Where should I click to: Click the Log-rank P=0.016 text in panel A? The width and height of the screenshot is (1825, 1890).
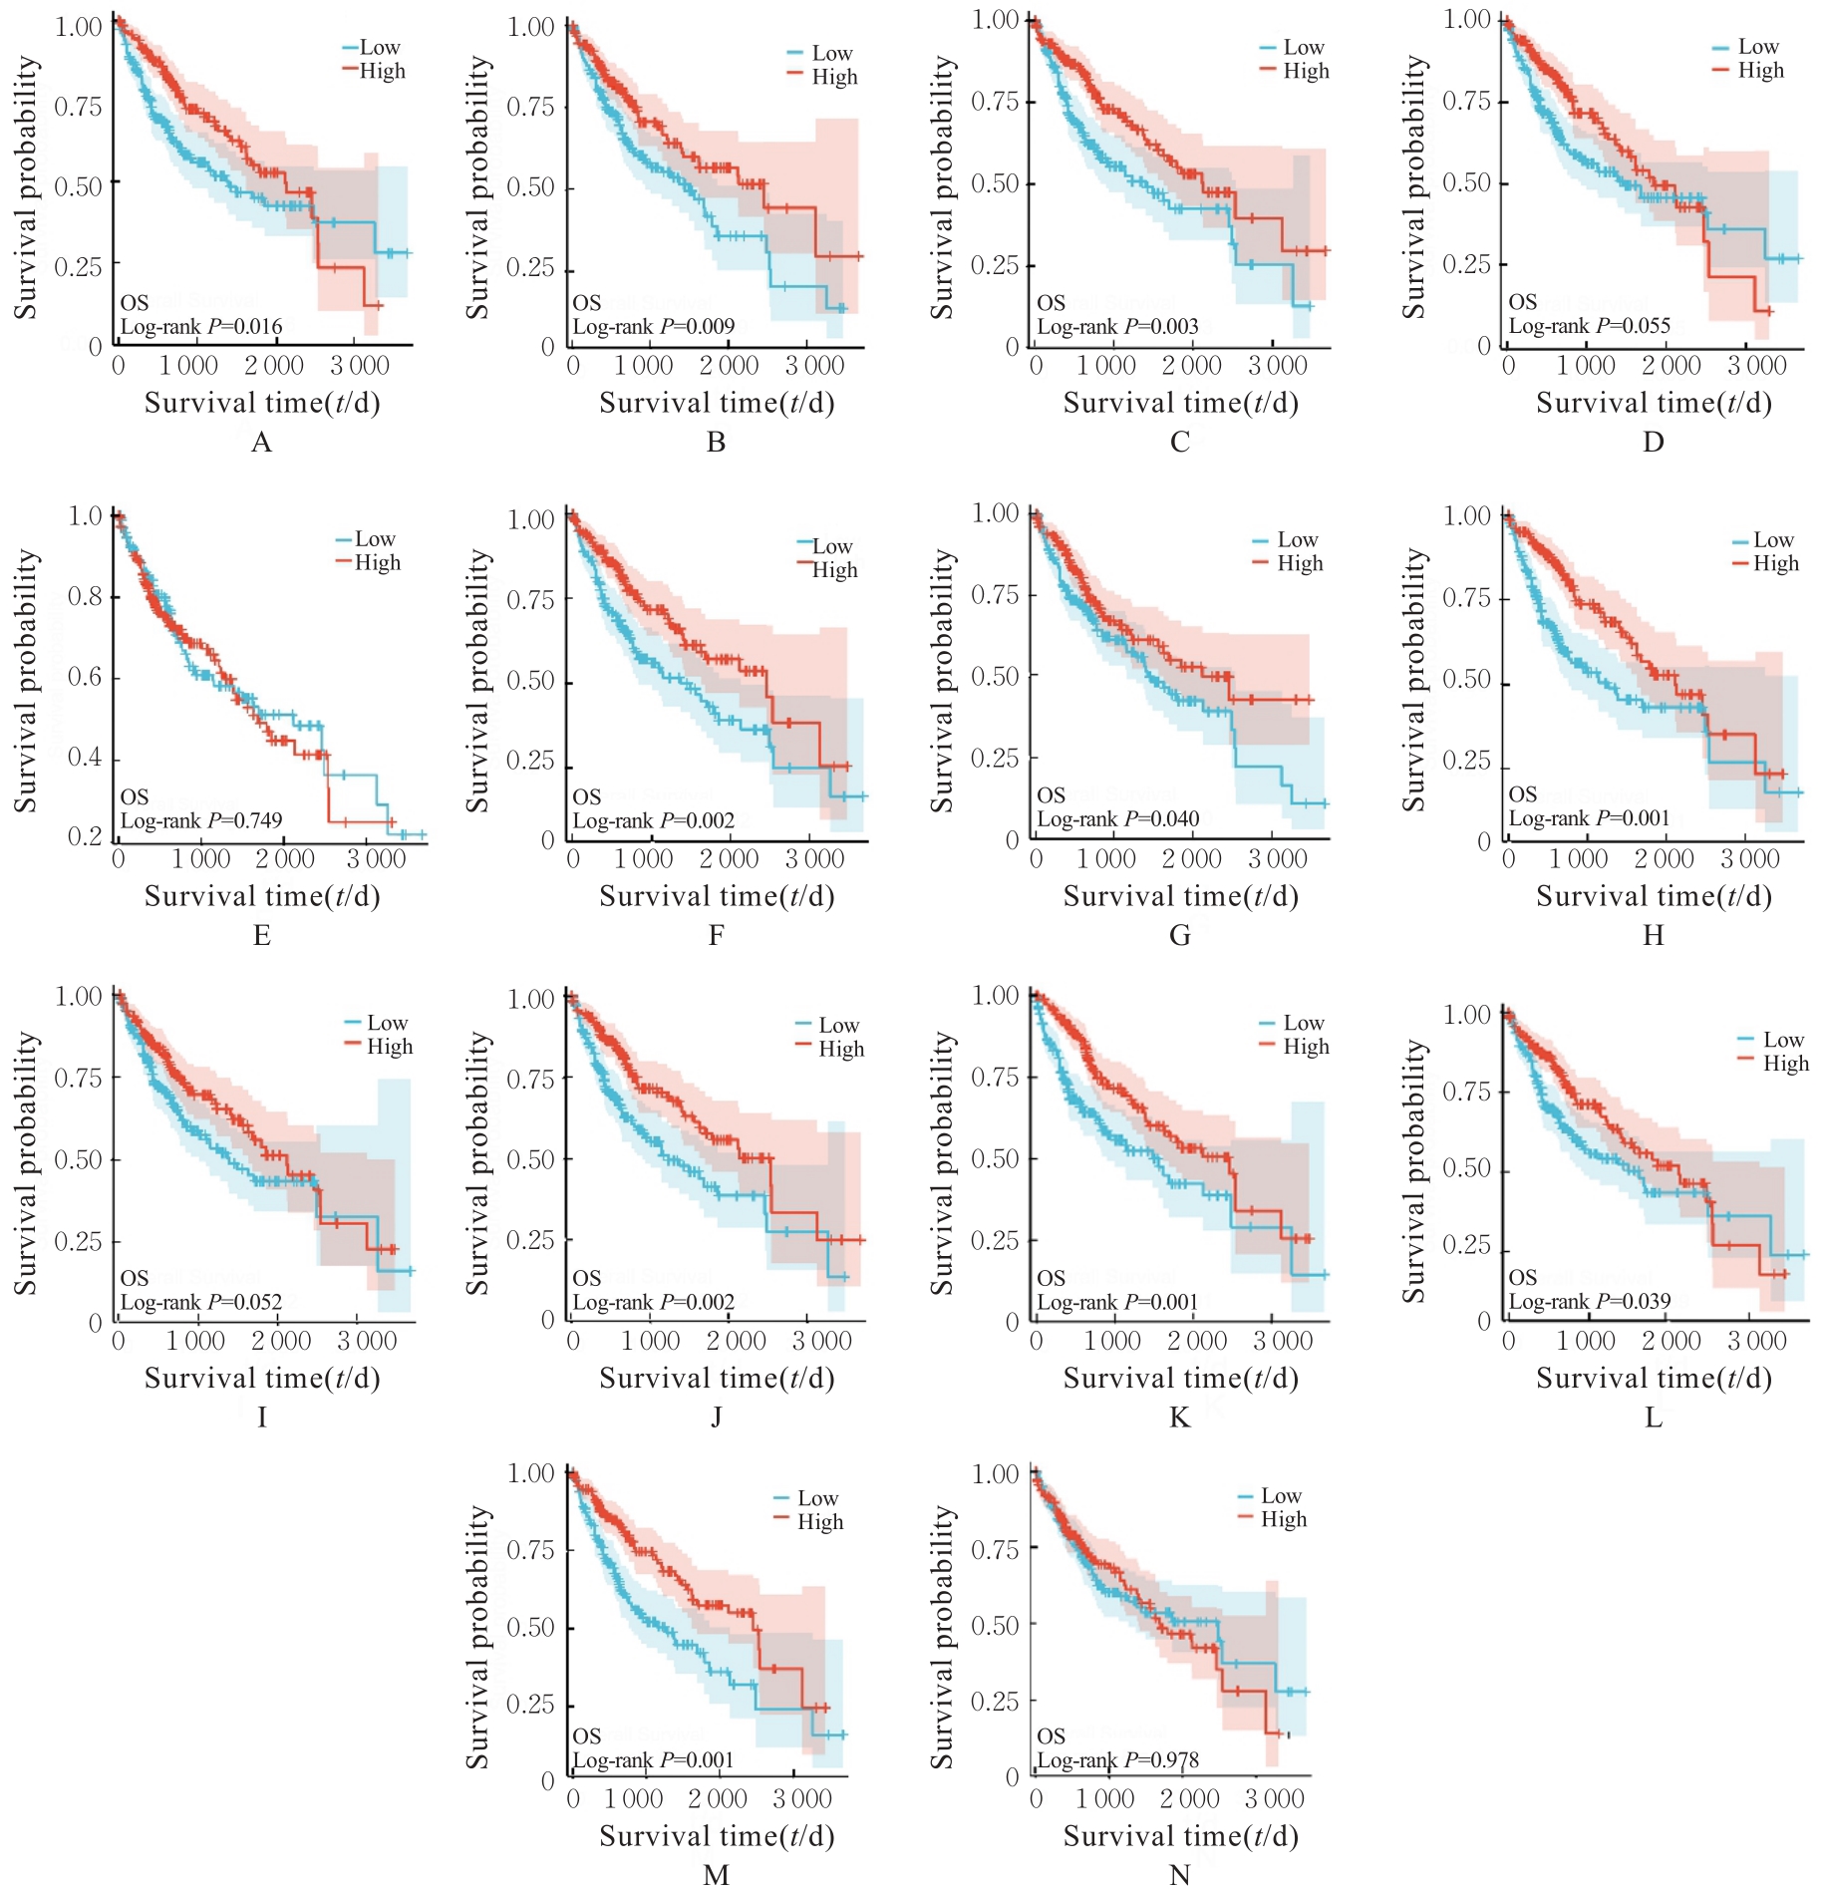click(x=201, y=327)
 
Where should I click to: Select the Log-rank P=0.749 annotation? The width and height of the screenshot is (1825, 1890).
click(x=201, y=820)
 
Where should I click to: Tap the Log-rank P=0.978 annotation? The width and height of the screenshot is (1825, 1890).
click(x=1117, y=1760)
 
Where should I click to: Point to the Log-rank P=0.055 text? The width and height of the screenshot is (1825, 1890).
click(x=1589, y=326)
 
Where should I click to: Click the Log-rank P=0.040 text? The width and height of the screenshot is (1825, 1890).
click(x=1117, y=819)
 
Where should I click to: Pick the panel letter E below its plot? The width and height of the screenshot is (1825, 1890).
click(x=262, y=935)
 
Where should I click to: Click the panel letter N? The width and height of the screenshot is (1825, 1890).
click(x=1179, y=1875)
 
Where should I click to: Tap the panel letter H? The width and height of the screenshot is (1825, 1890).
click(x=1653, y=935)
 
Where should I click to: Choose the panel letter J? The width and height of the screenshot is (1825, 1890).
click(x=716, y=1417)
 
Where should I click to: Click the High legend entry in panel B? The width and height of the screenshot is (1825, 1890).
click(x=834, y=77)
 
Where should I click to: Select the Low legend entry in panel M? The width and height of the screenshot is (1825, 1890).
click(x=817, y=1498)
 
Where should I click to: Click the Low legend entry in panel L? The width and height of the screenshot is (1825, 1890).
click(x=1783, y=1040)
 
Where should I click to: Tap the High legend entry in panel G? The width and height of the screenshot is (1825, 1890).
click(x=1300, y=563)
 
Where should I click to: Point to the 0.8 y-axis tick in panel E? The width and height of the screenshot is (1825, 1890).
click(x=85, y=597)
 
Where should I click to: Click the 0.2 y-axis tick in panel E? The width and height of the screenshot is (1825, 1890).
click(x=85, y=836)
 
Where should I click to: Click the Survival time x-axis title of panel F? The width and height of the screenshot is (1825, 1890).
click(x=717, y=896)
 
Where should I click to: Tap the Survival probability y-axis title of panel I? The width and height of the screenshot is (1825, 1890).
click(x=25, y=1163)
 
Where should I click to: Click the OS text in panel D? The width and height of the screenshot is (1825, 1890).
click(x=1522, y=302)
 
